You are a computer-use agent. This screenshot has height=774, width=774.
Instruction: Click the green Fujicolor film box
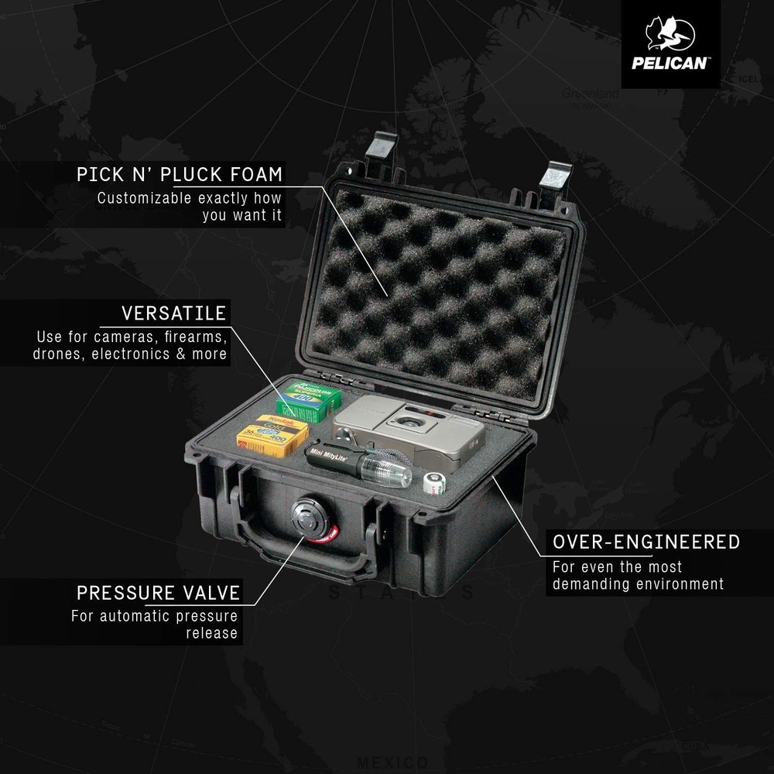[x=310, y=400]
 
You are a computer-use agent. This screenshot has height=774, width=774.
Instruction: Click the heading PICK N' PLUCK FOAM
[x=180, y=174]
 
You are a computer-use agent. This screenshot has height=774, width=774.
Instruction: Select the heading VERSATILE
[x=173, y=313]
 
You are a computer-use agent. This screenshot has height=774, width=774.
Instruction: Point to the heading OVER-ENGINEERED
[x=646, y=541]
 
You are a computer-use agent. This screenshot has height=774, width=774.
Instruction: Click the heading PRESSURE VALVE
[x=158, y=594]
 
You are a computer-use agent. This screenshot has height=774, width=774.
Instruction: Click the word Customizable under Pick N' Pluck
[x=144, y=198]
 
